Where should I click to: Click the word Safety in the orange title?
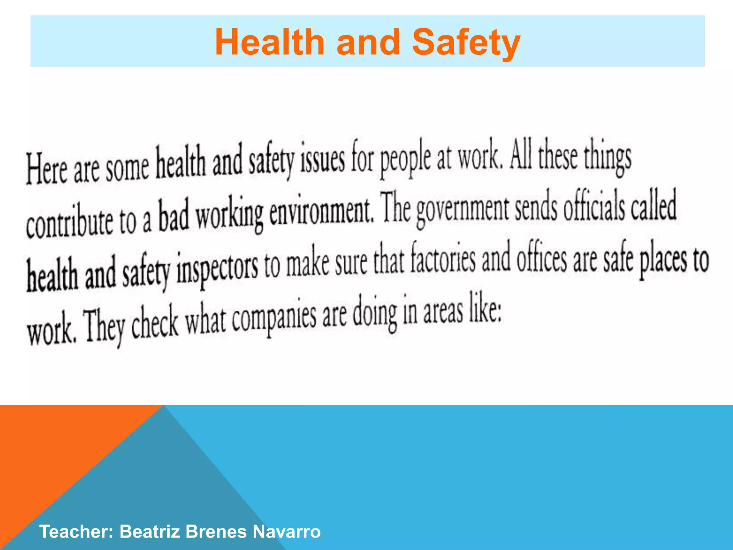(466, 43)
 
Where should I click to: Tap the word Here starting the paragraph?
(47, 169)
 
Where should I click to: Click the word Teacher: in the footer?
(76, 531)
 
